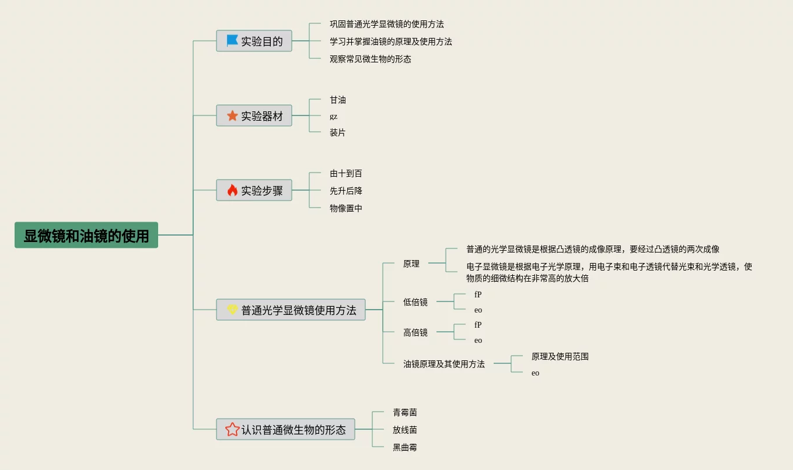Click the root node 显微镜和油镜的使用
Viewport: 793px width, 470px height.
pyautogui.click(x=86, y=236)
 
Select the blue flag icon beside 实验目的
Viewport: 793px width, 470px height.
pyautogui.click(x=232, y=41)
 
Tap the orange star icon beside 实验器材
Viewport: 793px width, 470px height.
pyautogui.click(x=232, y=115)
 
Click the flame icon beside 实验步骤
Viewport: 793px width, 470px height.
pyautogui.click(x=232, y=190)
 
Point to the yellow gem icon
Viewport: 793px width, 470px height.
pyautogui.click(x=232, y=310)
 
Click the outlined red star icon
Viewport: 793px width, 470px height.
pyautogui.click(x=232, y=430)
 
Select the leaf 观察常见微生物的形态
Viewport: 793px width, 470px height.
pyautogui.click(x=370, y=59)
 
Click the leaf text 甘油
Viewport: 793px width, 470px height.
pyautogui.click(x=338, y=100)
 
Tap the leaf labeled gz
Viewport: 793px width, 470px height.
pyautogui.click(x=333, y=116)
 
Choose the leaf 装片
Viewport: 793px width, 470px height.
pyautogui.click(x=337, y=132)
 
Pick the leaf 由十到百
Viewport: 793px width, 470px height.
pyautogui.click(x=345, y=173)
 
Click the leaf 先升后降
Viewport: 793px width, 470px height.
pyautogui.click(x=345, y=191)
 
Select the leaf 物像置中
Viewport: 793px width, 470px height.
pyautogui.click(x=345, y=208)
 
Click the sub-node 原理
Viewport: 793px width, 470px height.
pyautogui.click(x=411, y=264)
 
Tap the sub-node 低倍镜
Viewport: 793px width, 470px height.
pyautogui.click(x=415, y=302)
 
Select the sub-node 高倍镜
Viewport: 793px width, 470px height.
pyautogui.click(x=415, y=332)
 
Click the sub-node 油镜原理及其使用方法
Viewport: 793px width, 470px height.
pyautogui.click(x=443, y=364)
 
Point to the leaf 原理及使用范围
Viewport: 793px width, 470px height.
pyautogui.click(x=560, y=356)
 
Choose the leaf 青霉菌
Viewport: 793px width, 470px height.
pyautogui.click(x=404, y=412)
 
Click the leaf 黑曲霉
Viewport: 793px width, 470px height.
pyautogui.click(x=404, y=447)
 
